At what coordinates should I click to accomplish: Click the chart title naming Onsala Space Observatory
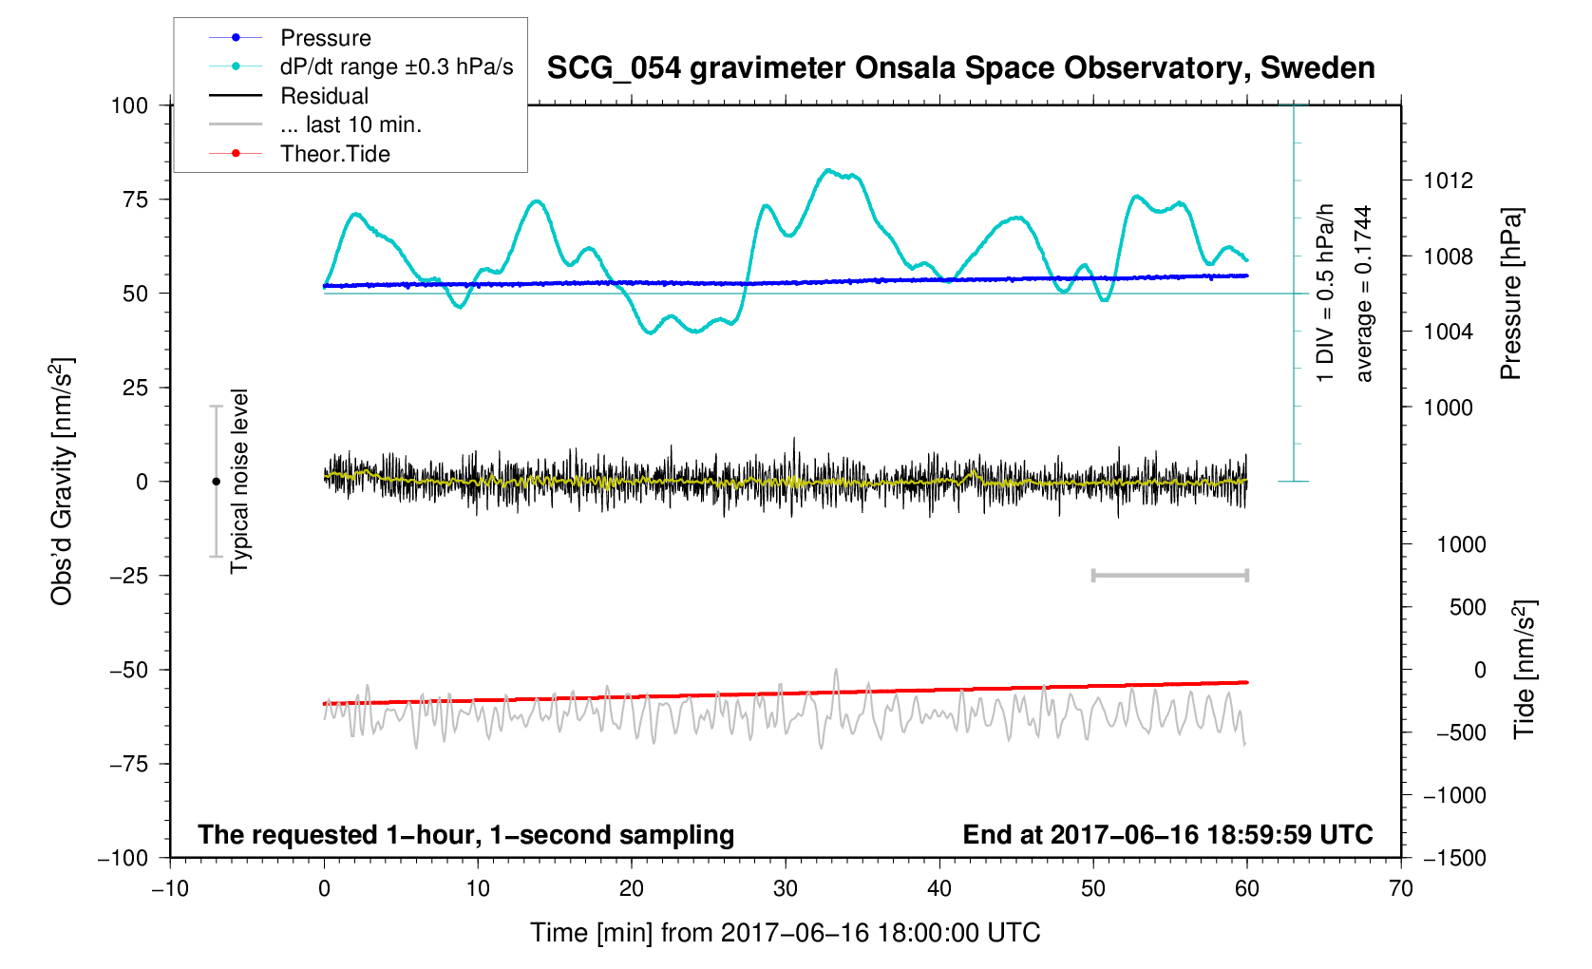[960, 68]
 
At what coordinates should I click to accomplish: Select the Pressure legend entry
[325, 38]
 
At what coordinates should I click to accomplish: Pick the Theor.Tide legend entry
[334, 154]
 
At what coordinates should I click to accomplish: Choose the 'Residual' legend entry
[324, 96]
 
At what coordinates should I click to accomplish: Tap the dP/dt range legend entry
[396, 66]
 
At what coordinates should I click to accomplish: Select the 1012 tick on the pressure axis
[1448, 180]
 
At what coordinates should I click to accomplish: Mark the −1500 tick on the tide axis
[1454, 858]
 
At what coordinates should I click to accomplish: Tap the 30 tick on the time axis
[786, 889]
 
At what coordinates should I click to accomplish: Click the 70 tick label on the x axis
[1400, 889]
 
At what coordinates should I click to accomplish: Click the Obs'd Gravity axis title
[62, 481]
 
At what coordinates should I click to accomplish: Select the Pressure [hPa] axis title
[1510, 294]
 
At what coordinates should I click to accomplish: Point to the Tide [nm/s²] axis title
[1524, 669]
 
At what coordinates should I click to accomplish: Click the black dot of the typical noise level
[217, 482]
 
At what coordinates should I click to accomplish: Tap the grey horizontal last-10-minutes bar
[1169, 575]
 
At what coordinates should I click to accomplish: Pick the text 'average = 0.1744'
[1364, 294]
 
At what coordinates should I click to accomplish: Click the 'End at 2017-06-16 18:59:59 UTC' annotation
[1167, 835]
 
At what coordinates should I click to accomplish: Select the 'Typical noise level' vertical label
[239, 481]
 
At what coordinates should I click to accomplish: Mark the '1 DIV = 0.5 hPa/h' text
[1325, 294]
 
